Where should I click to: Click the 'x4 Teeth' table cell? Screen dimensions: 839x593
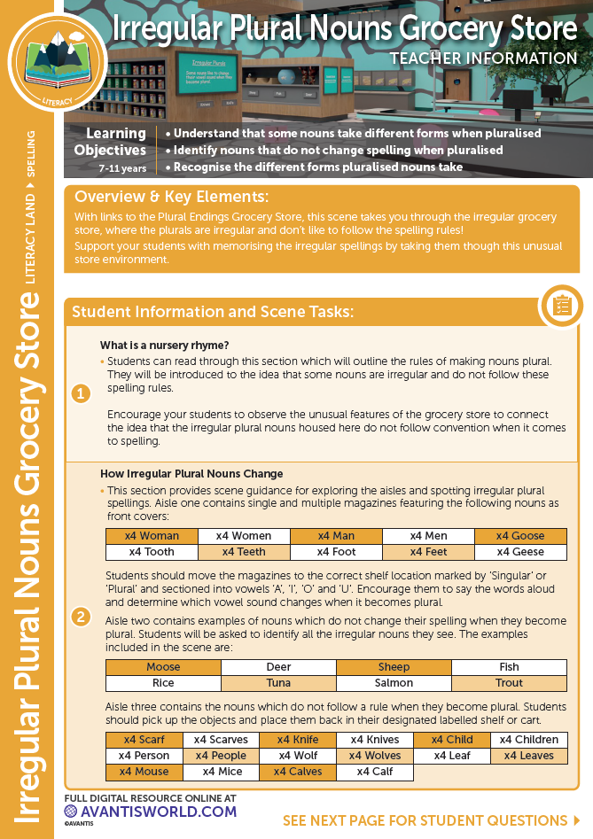(244, 552)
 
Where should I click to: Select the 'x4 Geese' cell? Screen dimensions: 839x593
(521, 552)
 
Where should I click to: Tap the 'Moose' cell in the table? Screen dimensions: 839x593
(163, 667)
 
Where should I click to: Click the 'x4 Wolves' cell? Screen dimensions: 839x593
(375, 756)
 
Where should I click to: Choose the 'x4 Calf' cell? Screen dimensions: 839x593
(375, 772)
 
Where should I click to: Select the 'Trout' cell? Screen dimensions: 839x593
(509, 683)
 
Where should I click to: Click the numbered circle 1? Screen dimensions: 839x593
(82, 393)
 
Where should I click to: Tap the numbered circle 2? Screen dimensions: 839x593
(82, 617)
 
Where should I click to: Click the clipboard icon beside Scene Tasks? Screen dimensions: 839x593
(561, 306)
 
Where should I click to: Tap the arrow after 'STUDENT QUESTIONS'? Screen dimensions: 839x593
(577, 821)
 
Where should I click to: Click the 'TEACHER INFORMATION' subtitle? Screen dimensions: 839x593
(483, 59)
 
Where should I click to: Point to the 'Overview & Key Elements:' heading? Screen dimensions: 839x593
(171, 197)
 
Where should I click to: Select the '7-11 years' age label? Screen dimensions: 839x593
(122, 167)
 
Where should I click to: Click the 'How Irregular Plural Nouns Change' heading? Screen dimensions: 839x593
(191, 474)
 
